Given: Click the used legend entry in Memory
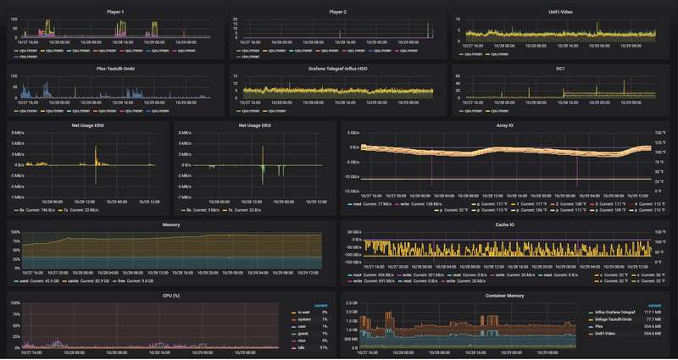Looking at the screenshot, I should click(32, 280).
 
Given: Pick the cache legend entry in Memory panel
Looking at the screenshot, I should click(74, 280).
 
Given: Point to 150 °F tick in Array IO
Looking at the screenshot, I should click(659, 133).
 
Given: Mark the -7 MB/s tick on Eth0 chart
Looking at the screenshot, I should click(17, 197).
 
